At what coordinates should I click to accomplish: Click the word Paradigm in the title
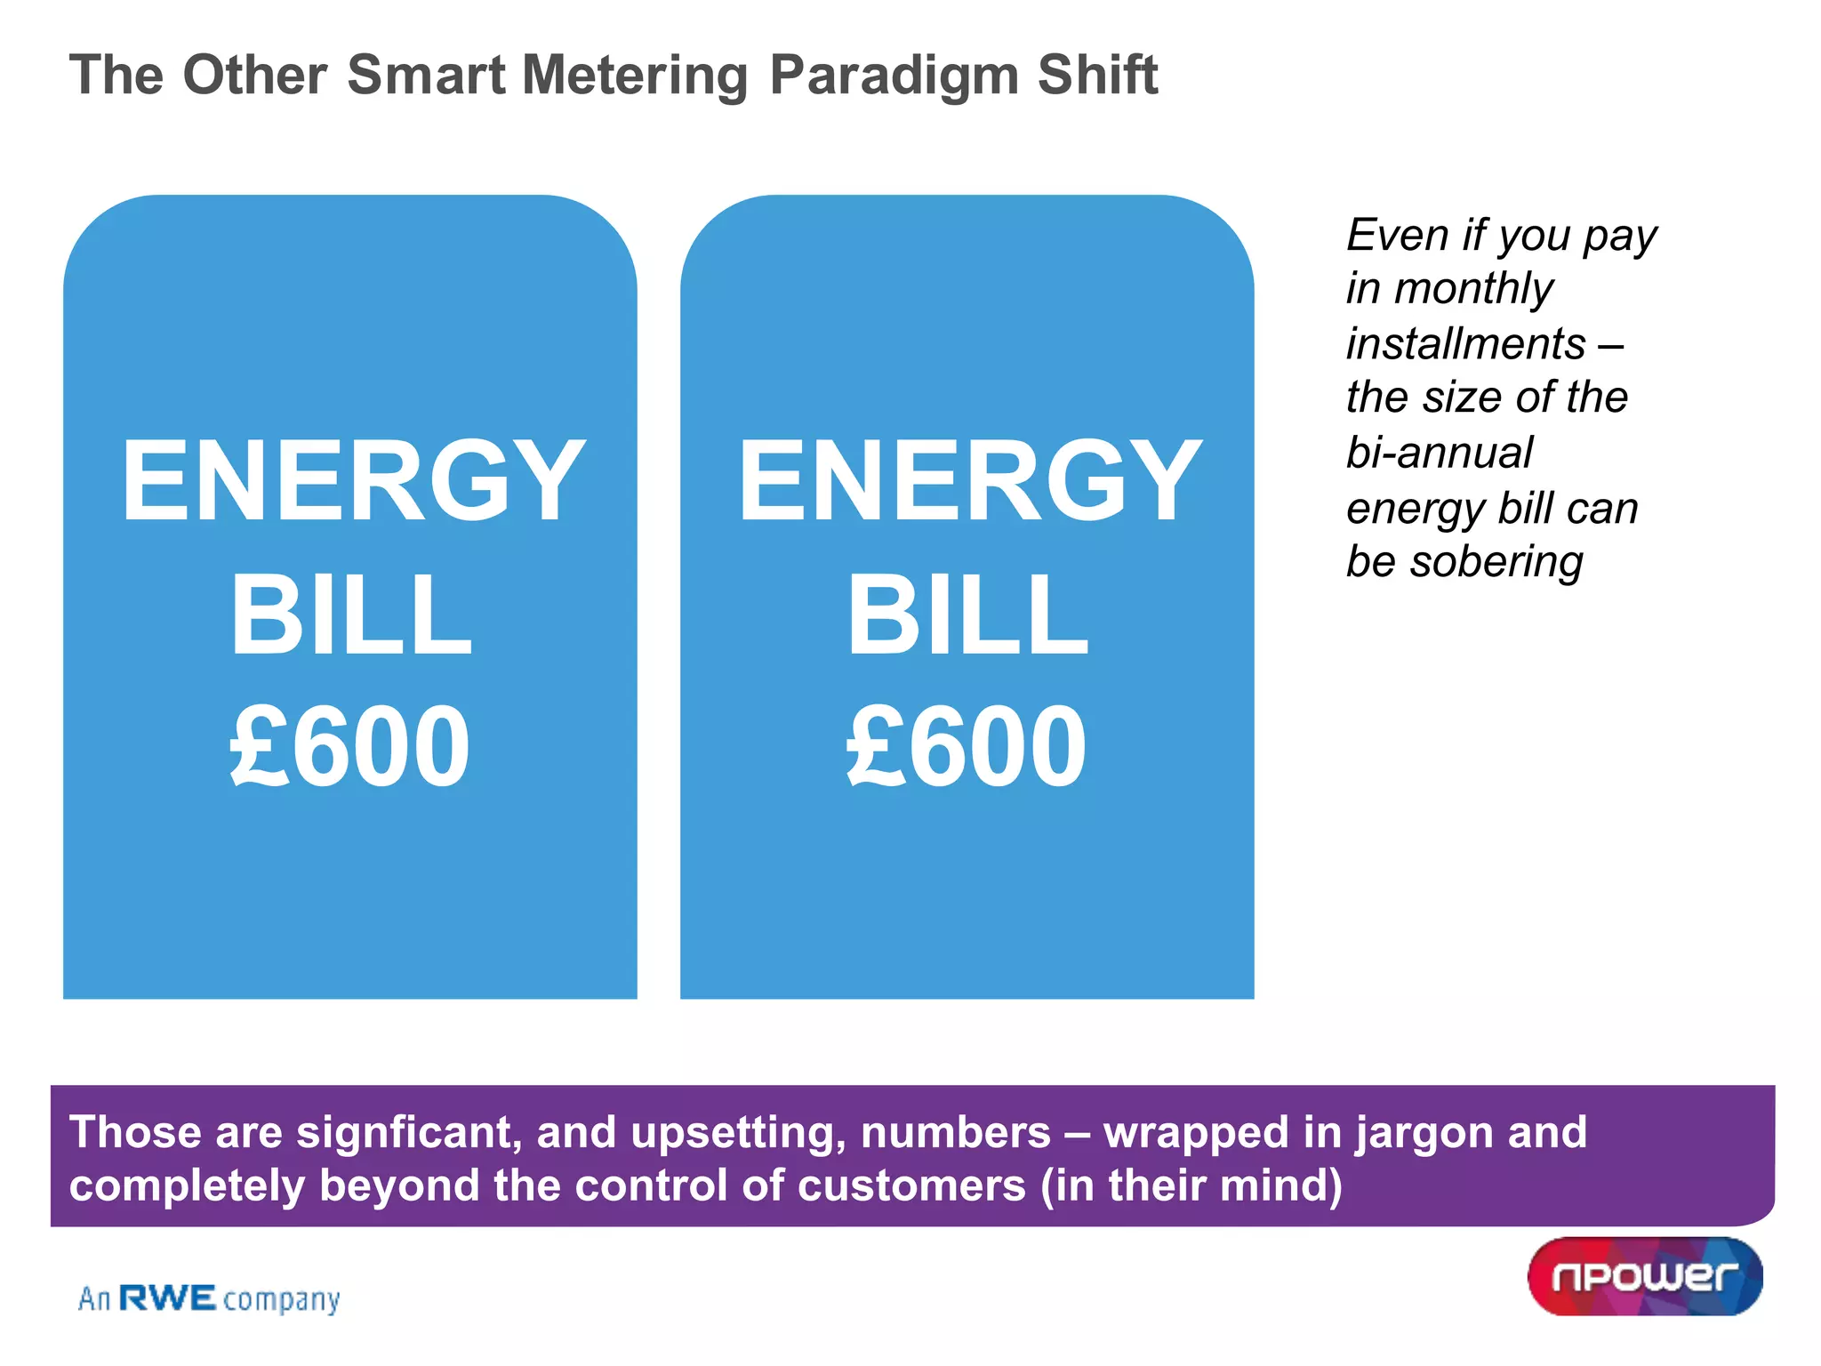[893, 76]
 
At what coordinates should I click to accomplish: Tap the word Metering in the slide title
[636, 76]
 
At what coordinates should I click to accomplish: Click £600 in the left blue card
[349, 745]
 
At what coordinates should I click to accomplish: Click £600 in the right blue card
[967, 745]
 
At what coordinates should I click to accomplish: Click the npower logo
[1645, 1276]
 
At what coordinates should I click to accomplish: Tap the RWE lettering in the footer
[168, 1298]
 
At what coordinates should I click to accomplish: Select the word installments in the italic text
[1466, 344]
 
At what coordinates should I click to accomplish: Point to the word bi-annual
[1440, 453]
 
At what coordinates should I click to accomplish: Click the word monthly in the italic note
[1474, 289]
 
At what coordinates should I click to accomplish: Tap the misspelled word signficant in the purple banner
[409, 1132]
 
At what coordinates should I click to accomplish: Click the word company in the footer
[281, 1300]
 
